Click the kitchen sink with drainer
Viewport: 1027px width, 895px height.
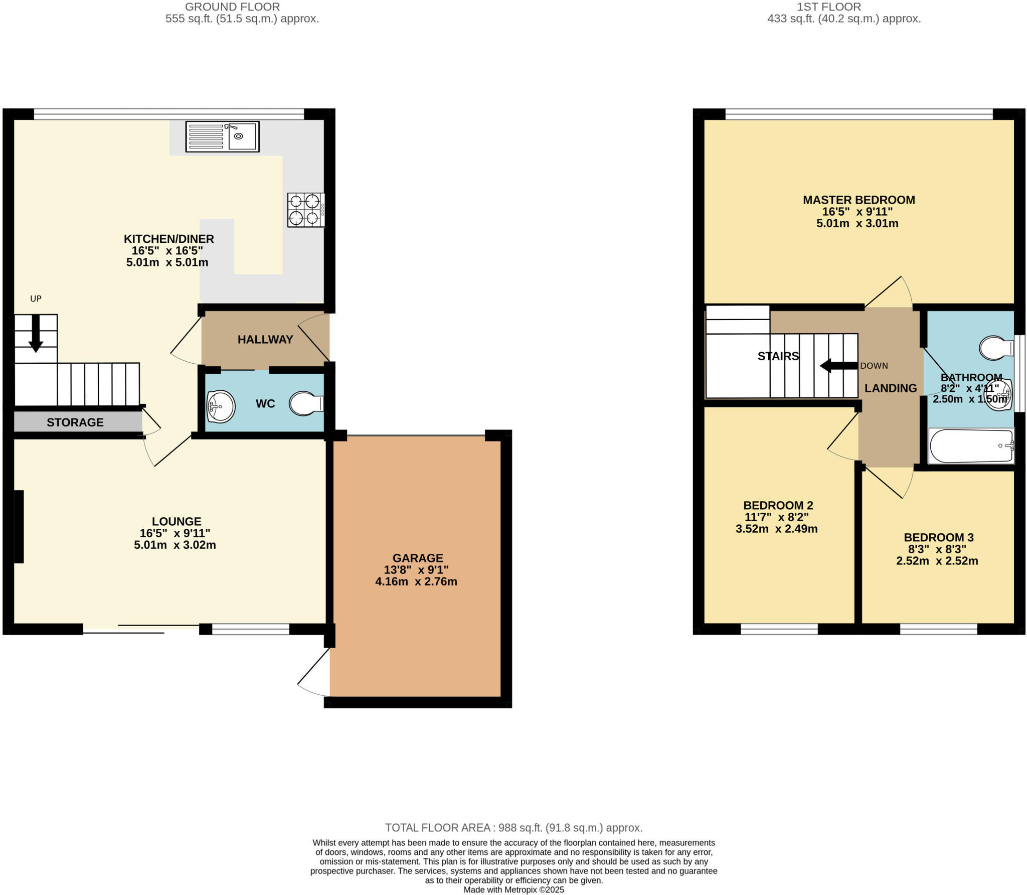[x=222, y=136]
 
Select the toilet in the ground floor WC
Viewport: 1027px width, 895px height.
[x=305, y=403]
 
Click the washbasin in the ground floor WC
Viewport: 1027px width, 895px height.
[x=221, y=406]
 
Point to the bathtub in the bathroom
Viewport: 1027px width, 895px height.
[x=971, y=445]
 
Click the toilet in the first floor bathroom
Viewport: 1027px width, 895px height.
[x=995, y=348]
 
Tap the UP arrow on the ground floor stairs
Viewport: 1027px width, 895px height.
[x=36, y=333]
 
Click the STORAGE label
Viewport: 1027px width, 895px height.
[x=75, y=422]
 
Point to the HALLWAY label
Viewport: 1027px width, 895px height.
[x=265, y=340]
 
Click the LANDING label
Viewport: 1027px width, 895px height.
[x=890, y=388]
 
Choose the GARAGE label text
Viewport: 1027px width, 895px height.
[x=417, y=558]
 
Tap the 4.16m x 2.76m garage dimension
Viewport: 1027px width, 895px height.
[x=416, y=582]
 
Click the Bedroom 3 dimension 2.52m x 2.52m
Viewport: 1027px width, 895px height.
[x=937, y=561]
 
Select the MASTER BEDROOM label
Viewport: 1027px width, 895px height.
[x=859, y=200]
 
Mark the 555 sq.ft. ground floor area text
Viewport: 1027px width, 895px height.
[x=242, y=19]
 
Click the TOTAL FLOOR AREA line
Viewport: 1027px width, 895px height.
[x=513, y=828]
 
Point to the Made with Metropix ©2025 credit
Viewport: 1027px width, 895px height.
[x=513, y=890]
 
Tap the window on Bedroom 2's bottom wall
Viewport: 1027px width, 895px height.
[x=779, y=629]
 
